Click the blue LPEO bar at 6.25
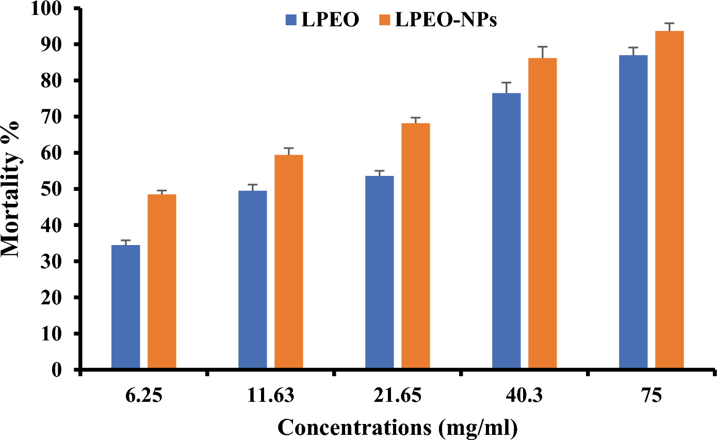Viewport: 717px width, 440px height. point(126,307)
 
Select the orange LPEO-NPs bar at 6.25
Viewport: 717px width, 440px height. point(162,282)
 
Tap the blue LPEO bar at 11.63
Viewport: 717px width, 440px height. point(253,280)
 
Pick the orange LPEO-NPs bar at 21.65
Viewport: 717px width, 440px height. point(416,246)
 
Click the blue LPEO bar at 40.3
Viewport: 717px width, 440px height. point(507,231)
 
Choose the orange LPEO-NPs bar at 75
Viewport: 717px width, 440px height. point(670,200)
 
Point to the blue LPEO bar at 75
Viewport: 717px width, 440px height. point(633,212)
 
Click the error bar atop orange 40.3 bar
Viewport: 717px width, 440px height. point(543,52)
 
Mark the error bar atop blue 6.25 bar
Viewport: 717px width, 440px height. point(126,242)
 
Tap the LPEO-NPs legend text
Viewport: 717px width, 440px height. point(446,20)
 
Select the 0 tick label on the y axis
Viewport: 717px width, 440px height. point(65,370)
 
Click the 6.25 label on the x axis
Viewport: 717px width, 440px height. point(144,397)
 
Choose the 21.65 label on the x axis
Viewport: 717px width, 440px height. point(398,397)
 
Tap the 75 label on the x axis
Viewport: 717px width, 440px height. point(651,397)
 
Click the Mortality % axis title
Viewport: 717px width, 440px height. point(11,189)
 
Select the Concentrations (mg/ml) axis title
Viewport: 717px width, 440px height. point(398,428)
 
